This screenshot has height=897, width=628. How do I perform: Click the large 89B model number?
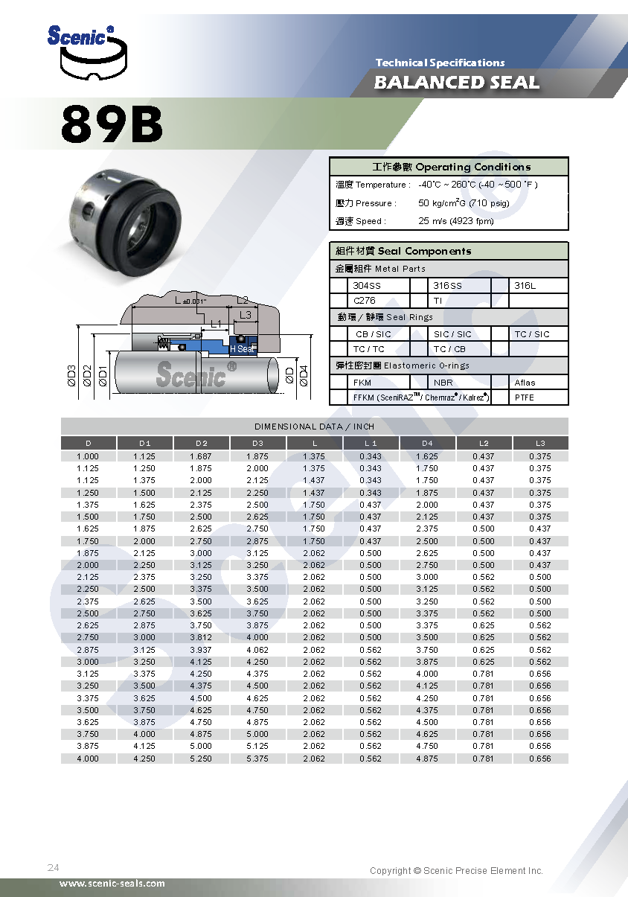coord(112,124)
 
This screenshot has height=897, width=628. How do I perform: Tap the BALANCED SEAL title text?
coord(457,82)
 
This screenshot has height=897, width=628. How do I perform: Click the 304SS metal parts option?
coord(365,286)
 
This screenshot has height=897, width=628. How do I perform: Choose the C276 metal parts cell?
coord(365,301)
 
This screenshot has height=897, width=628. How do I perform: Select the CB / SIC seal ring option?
coord(373,334)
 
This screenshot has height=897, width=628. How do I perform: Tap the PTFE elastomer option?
coord(524,398)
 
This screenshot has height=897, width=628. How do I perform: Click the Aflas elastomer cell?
coord(525,383)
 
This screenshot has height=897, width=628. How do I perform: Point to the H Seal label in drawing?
coord(241,349)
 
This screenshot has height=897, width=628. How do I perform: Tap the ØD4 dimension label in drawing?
coord(303,376)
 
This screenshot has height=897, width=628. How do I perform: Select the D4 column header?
coord(427,444)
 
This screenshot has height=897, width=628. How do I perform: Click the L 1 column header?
coord(371,444)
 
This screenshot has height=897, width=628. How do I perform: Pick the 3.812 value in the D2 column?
coord(201,637)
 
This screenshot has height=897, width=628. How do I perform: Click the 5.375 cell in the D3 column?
coord(257,759)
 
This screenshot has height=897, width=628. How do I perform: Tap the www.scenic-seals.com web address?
coord(112,884)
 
